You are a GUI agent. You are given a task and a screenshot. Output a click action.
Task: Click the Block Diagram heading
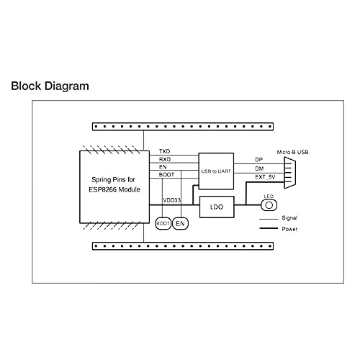click(x=50, y=86)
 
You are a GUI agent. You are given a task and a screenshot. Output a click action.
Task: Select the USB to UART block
click(x=216, y=171)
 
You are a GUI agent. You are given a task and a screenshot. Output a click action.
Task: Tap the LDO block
click(x=217, y=207)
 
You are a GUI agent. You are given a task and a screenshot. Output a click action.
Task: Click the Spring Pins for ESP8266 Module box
click(x=114, y=187)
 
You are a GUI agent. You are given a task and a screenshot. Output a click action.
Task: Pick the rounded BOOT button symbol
click(x=163, y=223)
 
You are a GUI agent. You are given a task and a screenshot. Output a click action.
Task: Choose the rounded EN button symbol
click(x=180, y=223)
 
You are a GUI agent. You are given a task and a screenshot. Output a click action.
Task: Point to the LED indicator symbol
click(x=269, y=205)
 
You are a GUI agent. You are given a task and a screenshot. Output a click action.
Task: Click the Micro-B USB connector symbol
click(x=290, y=173)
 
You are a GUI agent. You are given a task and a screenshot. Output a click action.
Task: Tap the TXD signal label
click(x=165, y=151)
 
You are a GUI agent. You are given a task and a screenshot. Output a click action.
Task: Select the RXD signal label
click(x=165, y=159)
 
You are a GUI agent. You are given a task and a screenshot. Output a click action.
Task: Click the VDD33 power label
click(x=171, y=200)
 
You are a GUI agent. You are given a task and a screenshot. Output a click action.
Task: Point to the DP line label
click(x=258, y=160)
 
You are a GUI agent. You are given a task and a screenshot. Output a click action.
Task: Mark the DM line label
click(x=259, y=168)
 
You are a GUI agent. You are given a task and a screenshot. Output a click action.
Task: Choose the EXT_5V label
click(x=265, y=177)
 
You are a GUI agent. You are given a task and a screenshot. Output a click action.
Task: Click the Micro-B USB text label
click(x=292, y=152)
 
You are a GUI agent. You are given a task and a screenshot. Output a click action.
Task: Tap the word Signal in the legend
click(x=289, y=218)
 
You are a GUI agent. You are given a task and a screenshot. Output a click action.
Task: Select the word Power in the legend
click(x=289, y=229)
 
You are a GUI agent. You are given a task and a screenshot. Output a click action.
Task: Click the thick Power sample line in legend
click(x=269, y=228)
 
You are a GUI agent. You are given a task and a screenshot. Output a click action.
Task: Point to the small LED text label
click(x=269, y=197)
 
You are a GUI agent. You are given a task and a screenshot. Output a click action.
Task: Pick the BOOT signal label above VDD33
click(x=166, y=175)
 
